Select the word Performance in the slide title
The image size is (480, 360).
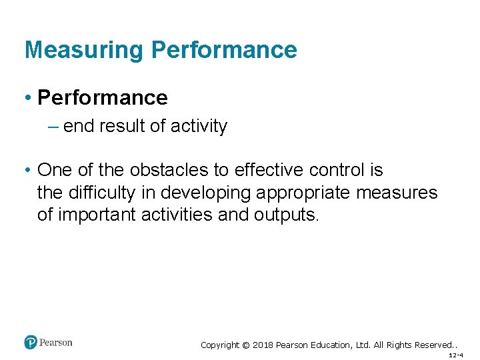coord(225,50)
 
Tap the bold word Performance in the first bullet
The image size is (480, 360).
coord(103,98)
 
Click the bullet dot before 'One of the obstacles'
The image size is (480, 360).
coord(28,171)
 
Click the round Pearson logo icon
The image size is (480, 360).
coord(31,342)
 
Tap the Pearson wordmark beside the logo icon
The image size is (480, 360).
coord(56,342)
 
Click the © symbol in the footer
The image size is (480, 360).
coord(245,345)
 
